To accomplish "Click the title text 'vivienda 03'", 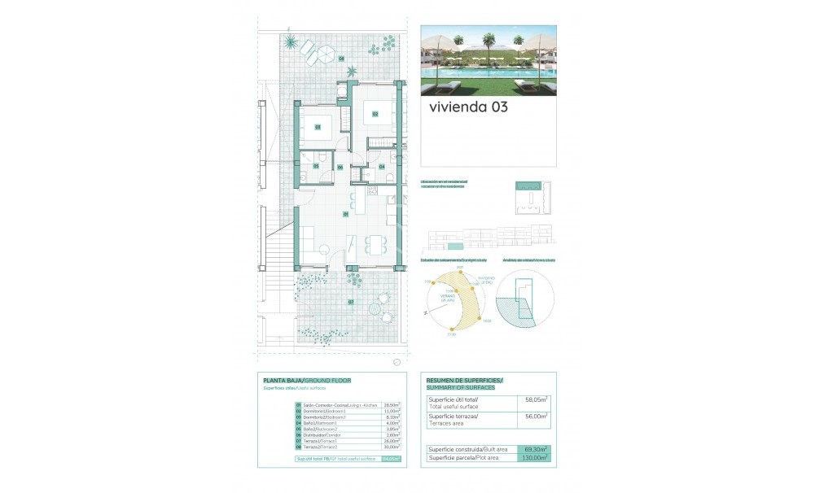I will click(468, 107).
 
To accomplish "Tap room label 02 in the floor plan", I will click(375, 114).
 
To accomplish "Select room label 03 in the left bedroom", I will click(317, 127).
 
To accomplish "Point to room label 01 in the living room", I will click(346, 215).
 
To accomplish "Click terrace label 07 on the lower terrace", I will click(351, 302).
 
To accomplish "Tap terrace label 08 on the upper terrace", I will click(342, 59).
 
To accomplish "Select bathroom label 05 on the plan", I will click(317, 166).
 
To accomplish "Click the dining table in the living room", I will click(376, 243).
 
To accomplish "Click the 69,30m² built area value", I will click(533, 449).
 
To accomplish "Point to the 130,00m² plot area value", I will click(533, 456).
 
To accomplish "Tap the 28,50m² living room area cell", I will click(392, 405).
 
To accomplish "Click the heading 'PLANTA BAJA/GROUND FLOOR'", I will click(306, 380).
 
